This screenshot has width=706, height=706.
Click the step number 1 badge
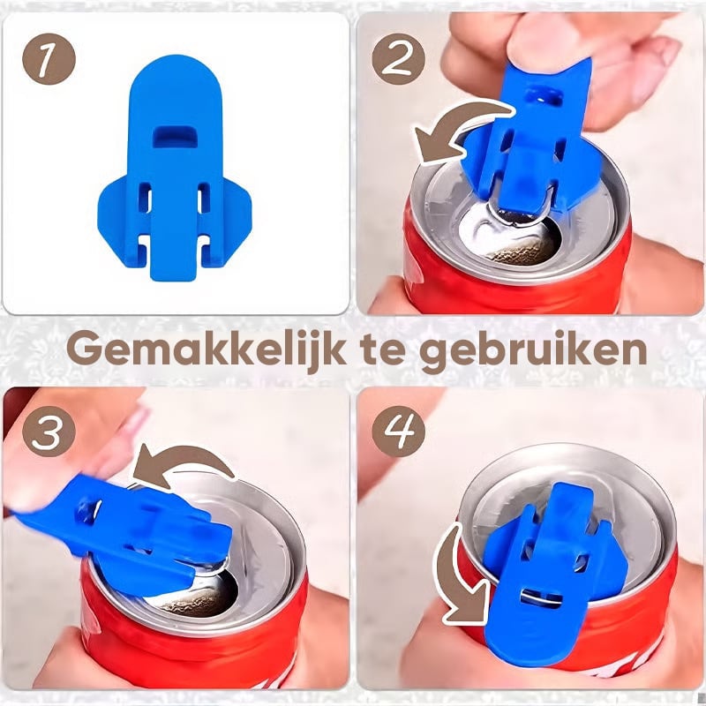49,59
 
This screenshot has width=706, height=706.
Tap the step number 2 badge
398,59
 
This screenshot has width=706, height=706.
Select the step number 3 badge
49,431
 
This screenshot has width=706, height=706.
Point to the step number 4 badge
398,431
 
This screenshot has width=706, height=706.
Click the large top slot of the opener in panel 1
175,137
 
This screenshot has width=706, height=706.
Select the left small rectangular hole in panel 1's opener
145,197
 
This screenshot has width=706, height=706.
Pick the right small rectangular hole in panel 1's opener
204,197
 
